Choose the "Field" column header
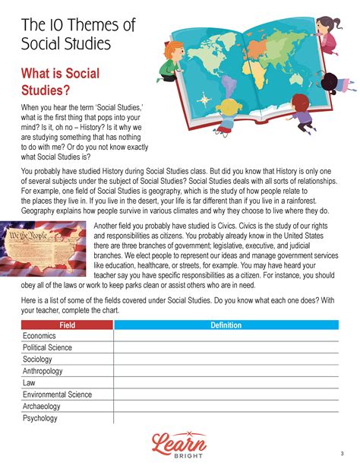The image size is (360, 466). (x=67, y=325)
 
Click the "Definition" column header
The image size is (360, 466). (x=226, y=325)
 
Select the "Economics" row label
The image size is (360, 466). (x=39, y=336)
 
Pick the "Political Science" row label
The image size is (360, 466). (x=47, y=347)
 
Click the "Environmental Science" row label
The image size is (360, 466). (x=57, y=395)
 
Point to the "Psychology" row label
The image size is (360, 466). (x=40, y=418)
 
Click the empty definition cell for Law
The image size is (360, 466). (x=226, y=383)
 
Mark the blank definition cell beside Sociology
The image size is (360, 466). (x=226, y=360)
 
